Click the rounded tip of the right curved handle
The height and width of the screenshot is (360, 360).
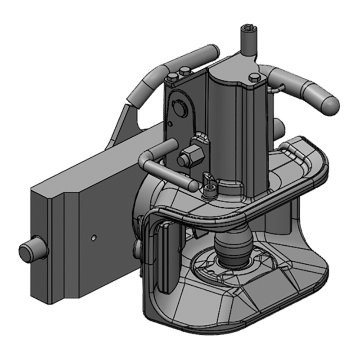coord(331,103)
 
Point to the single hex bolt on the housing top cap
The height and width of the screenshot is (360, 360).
coord(254,78)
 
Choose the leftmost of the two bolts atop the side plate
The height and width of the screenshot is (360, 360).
coord(172,76)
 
